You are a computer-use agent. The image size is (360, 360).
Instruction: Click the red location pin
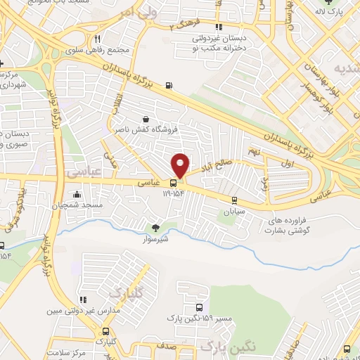pyautogui.click(x=181, y=165)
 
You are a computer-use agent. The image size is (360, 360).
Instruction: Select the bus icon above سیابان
pyautogui.click(x=238, y=200)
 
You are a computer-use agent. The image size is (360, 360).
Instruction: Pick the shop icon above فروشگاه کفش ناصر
pyautogui.click(x=146, y=119)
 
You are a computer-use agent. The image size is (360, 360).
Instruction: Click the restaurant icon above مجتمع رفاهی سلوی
pyautogui.click(x=98, y=39)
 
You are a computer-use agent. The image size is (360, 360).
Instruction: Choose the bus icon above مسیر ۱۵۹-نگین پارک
pyautogui.click(x=200, y=309)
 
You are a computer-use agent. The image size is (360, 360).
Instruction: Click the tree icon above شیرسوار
pyautogui.click(x=155, y=227)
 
